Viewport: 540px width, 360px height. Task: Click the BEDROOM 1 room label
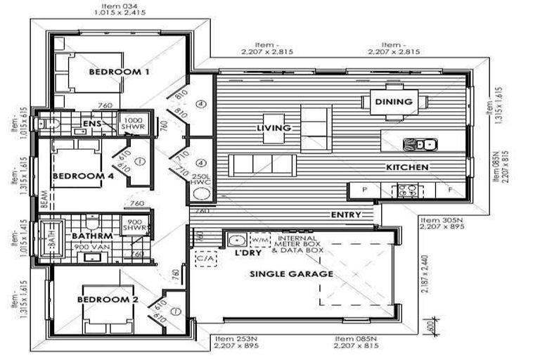pyautogui.click(x=119, y=72)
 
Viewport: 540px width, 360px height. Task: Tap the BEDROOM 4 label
pyautogui.click(x=83, y=176)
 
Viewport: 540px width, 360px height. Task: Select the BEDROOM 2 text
pyautogui.click(x=107, y=300)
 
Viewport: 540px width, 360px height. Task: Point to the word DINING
pyautogui.click(x=393, y=102)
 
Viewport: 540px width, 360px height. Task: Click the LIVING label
pyautogui.click(x=274, y=127)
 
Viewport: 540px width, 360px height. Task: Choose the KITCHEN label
pyautogui.click(x=407, y=167)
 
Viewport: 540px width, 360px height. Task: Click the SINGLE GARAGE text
pyautogui.click(x=292, y=274)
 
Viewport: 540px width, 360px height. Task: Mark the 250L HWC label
pyautogui.click(x=202, y=179)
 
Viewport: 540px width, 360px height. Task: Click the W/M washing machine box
pyautogui.click(x=259, y=239)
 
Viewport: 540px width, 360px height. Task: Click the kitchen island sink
pyautogui.click(x=419, y=144)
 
